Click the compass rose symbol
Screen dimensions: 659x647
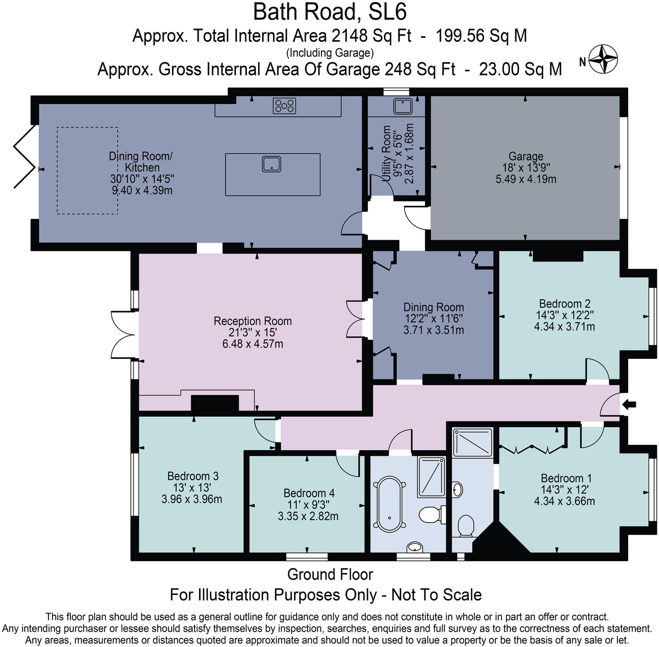click(x=603, y=59)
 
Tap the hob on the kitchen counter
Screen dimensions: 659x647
click(x=284, y=106)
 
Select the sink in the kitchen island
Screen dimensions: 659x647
click(x=271, y=164)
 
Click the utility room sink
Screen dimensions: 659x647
click(x=403, y=106)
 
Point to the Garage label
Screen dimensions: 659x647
click(x=526, y=156)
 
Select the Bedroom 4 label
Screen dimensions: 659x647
click(x=309, y=493)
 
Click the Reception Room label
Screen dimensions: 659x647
click(x=253, y=321)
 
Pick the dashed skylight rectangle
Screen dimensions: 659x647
click(x=88, y=170)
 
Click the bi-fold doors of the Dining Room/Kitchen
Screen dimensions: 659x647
click(x=24, y=156)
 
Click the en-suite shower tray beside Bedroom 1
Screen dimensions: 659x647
click(x=473, y=442)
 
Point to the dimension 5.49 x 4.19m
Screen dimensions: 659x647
click(x=526, y=179)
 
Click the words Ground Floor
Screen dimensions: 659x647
click(x=330, y=574)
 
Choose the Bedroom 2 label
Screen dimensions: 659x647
click(x=564, y=303)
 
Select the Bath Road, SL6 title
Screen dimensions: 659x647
click(x=329, y=12)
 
